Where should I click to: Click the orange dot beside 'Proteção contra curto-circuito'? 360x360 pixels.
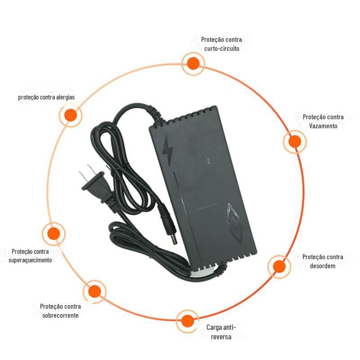193,63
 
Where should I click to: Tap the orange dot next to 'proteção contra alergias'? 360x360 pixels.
71,115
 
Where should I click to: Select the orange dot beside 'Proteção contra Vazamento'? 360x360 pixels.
295,142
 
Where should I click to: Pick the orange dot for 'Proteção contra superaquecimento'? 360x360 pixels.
54,234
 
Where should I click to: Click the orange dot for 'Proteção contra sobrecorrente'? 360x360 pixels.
94,291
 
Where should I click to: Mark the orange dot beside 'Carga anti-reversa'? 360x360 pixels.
187,321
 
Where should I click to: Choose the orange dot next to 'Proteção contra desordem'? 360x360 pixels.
279,266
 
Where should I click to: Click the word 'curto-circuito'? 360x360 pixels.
221,49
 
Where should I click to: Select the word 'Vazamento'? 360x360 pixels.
323,126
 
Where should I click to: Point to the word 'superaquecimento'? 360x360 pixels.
30,260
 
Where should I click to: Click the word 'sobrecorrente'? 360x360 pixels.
60,315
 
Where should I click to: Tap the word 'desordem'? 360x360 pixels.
323,266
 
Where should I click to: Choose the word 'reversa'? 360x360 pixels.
221,337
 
